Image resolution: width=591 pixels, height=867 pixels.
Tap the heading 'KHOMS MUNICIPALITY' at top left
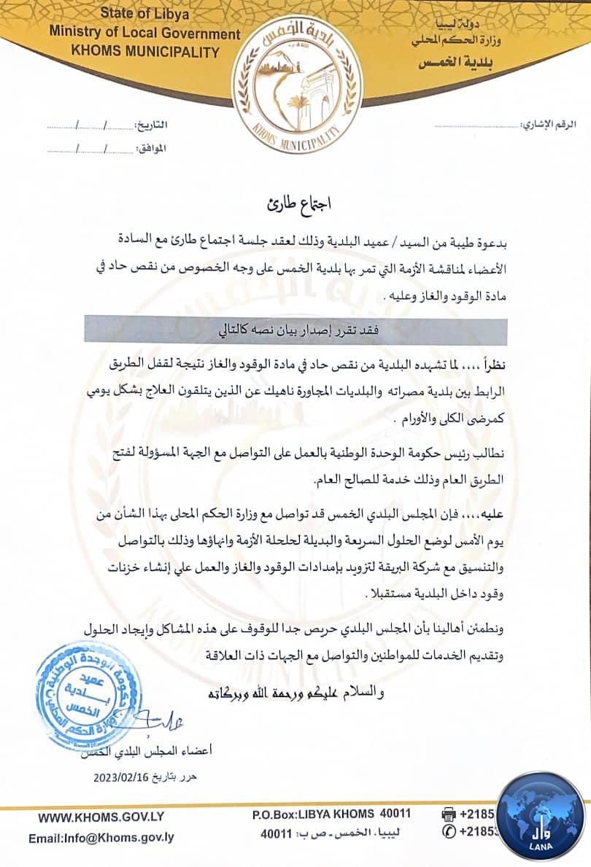point(144,52)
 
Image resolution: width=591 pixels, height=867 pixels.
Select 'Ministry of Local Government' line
point(144,33)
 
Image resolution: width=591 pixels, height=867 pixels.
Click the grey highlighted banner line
point(295,330)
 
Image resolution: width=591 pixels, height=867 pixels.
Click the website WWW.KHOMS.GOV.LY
point(90,818)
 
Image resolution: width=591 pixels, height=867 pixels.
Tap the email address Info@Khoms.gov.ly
point(101,838)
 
